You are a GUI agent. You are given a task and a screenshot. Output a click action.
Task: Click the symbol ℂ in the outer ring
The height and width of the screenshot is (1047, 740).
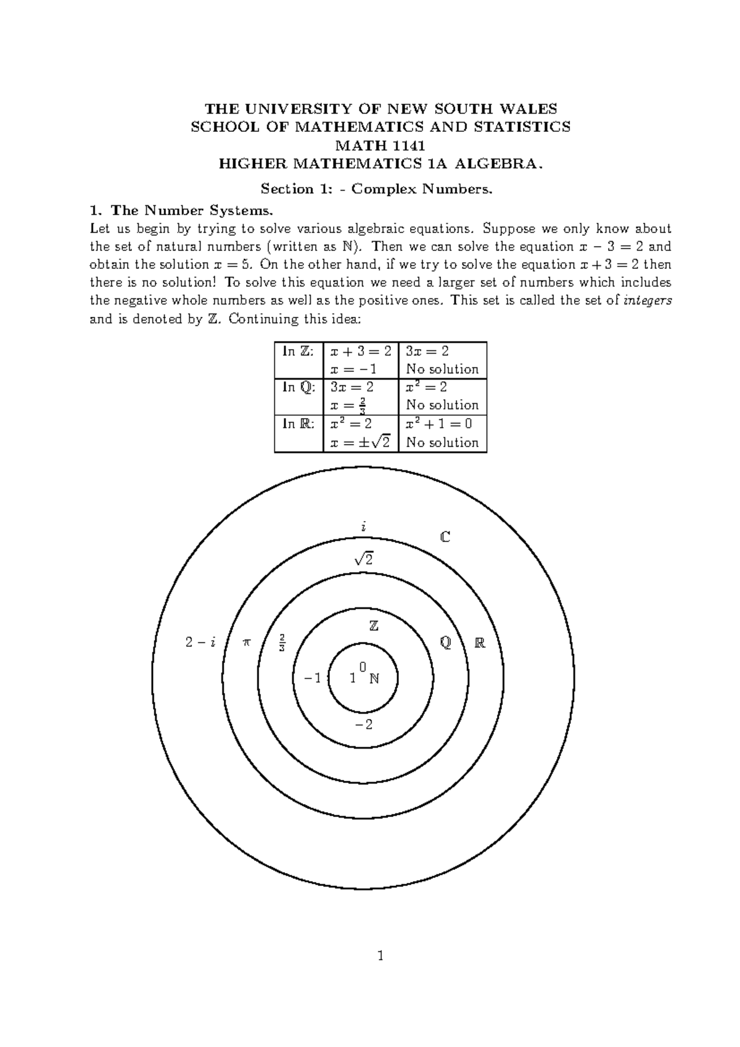pos(445,537)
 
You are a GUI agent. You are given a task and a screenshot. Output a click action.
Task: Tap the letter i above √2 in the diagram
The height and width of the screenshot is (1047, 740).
pos(364,527)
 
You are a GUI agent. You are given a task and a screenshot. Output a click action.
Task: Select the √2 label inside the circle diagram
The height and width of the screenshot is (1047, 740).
pos(364,559)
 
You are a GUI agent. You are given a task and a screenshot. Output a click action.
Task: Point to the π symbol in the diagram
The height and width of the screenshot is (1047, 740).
pos(247,642)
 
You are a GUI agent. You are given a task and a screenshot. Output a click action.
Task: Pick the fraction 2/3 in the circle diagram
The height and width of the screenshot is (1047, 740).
pos(282,642)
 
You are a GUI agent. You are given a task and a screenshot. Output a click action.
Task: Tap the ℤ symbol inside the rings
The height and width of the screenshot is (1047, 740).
pos(373,626)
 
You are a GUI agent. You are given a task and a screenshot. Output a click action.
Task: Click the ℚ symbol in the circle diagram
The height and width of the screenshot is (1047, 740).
pos(445,643)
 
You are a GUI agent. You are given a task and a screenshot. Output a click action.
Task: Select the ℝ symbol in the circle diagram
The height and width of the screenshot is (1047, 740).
pos(480,643)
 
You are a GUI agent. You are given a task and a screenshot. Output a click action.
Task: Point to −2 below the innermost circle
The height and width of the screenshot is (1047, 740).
pos(364,725)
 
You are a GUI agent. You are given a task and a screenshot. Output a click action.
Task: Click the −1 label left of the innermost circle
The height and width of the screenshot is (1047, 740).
pos(313,678)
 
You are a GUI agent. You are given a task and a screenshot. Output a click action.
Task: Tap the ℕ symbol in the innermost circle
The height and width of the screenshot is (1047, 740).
pos(374,679)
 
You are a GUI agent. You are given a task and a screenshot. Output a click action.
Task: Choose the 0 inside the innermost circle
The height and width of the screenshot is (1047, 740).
pos(363,667)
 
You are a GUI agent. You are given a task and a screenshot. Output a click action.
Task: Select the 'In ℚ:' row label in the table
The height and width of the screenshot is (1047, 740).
pos(298,387)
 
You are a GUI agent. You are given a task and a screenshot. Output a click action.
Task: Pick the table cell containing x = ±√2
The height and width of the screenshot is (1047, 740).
pos(360,442)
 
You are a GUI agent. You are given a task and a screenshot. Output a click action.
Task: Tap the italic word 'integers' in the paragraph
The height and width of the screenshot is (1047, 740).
pos(647,301)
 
